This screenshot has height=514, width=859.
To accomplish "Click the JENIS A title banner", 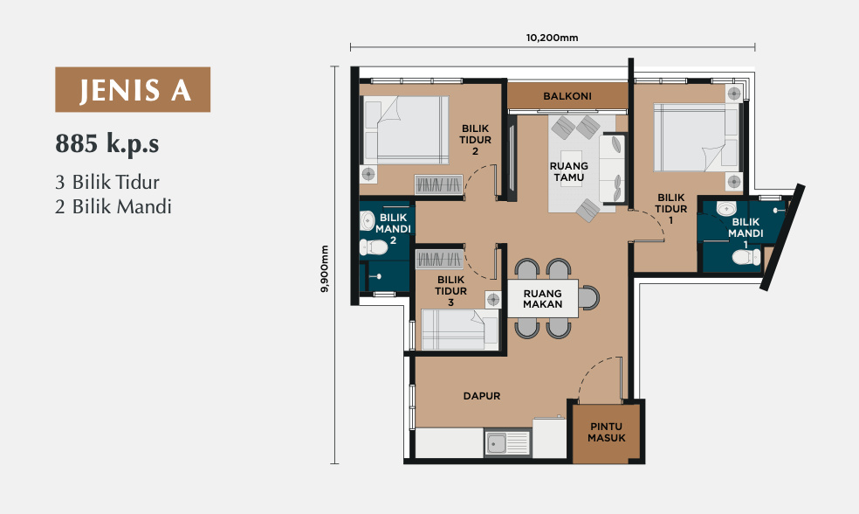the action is pyautogui.click(x=133, y=89).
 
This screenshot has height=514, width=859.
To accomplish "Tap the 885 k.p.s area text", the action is pyautogui.click(x=107, y=143).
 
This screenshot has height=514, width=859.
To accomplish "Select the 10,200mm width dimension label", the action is pyautogui.click(x=553, y=38).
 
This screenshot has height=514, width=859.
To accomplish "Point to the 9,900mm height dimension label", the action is pyautogui.click(x=325, y=268).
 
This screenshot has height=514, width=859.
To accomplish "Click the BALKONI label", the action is pyautogui.click(x=567, y=96).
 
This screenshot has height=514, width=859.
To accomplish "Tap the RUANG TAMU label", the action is pyautogui.click(x=568, y=171).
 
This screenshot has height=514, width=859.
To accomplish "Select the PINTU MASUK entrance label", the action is pyautogui.click(x=607, y=432).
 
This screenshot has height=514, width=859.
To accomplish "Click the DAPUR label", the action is pyautogui.click(x=482, y=396).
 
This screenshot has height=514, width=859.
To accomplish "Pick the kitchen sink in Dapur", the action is pyautogui.click(x=507, y=443).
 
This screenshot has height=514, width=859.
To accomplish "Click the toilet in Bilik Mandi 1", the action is pyautogui.click(x=746, y=257).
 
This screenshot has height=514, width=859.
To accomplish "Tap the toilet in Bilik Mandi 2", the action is pyautogui.click(x=374, y=247).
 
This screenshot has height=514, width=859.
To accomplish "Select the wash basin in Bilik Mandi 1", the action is pyautogui.click(x=727, y=209).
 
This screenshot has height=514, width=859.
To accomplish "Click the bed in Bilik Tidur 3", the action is pyautogui.click(x=459, y=330).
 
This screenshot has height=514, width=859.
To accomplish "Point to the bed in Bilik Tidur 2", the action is pyautogui.click(x=404, y=130).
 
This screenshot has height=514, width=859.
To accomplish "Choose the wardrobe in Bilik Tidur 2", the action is pyautogui.click(x=439, y=184).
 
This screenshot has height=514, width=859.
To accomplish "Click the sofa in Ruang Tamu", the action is pyautogui.click(x=612, y=169).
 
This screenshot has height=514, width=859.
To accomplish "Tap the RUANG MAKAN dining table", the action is pyautogui.click(x=542, y=299).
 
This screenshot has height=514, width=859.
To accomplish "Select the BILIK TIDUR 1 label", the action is pyautogui.click(x=671, y=208).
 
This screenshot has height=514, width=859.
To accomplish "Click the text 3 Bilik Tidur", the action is pyautogui.click(x=107, y=182).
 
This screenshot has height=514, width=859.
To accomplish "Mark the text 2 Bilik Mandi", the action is pyautogui.click(x=113, y=207).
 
